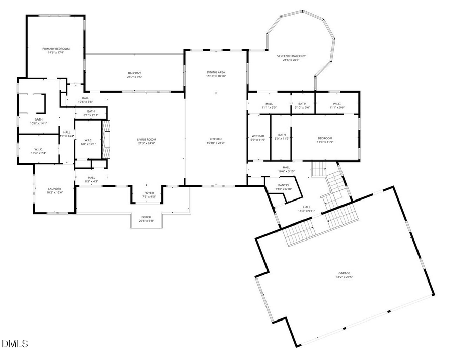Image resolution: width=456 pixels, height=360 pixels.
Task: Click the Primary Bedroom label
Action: click(x=56, y=48)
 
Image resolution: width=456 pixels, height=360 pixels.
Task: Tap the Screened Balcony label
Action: click(x=291, y=56)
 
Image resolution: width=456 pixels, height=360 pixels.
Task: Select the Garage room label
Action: click(x=344, y=273)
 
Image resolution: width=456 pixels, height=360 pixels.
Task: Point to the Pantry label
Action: click(x=283, y=185)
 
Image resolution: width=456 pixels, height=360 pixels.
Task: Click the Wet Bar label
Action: click(x=258, y=136)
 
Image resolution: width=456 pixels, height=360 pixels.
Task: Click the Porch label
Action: click(x=146, y=217)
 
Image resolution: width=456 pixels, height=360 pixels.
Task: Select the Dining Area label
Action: click(x=216, y=72)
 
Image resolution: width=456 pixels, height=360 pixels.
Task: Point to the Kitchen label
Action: click(x=216, y=139)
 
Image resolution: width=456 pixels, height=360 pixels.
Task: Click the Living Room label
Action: click(x=146, y=139)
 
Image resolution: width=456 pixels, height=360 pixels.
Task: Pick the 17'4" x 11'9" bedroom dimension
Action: click(x=325, y=142)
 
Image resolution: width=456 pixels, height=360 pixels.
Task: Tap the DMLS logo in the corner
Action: click(x=15, y=344)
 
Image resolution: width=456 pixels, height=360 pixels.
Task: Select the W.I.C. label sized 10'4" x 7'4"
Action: click(x=39, y=149)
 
